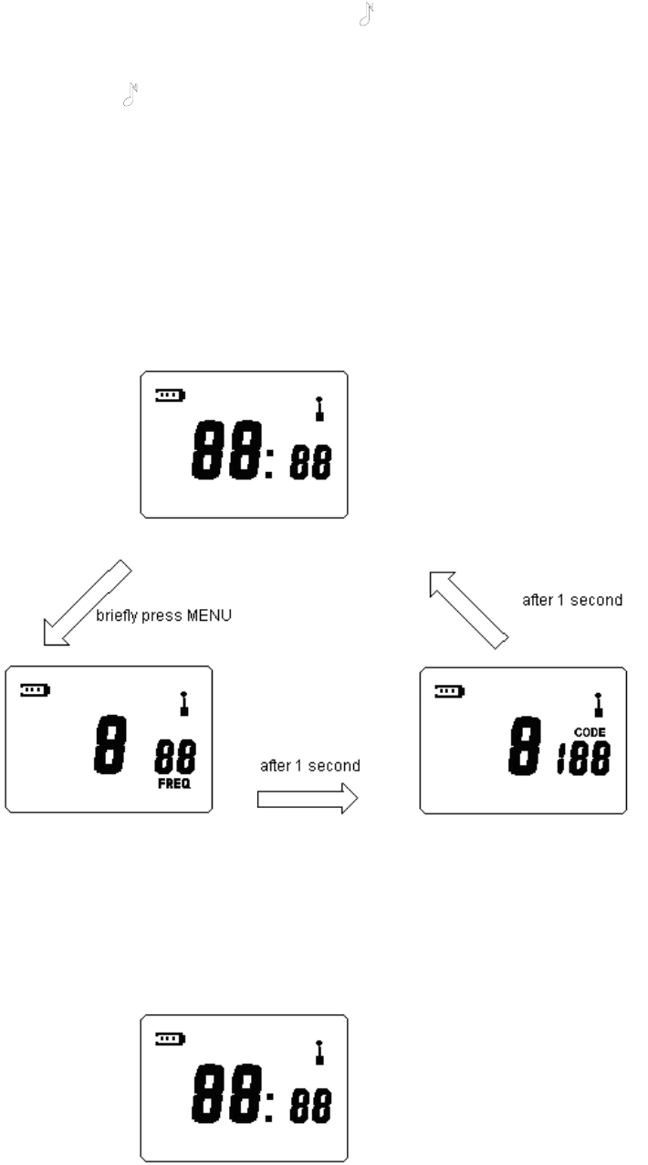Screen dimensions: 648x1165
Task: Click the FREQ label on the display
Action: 173,783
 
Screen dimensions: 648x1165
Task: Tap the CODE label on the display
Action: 590,731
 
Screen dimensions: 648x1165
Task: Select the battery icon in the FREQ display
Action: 36,690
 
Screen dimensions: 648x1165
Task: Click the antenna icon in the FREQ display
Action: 183,702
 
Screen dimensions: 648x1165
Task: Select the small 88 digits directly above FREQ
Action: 173,757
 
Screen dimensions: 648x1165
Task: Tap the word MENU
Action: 210,615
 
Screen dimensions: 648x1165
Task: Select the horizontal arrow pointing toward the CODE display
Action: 307,799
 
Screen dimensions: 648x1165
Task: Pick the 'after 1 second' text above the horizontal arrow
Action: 310,766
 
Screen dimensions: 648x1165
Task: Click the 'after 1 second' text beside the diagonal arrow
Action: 571,600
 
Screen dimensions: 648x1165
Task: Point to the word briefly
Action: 116,616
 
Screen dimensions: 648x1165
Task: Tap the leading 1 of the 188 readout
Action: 562,758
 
